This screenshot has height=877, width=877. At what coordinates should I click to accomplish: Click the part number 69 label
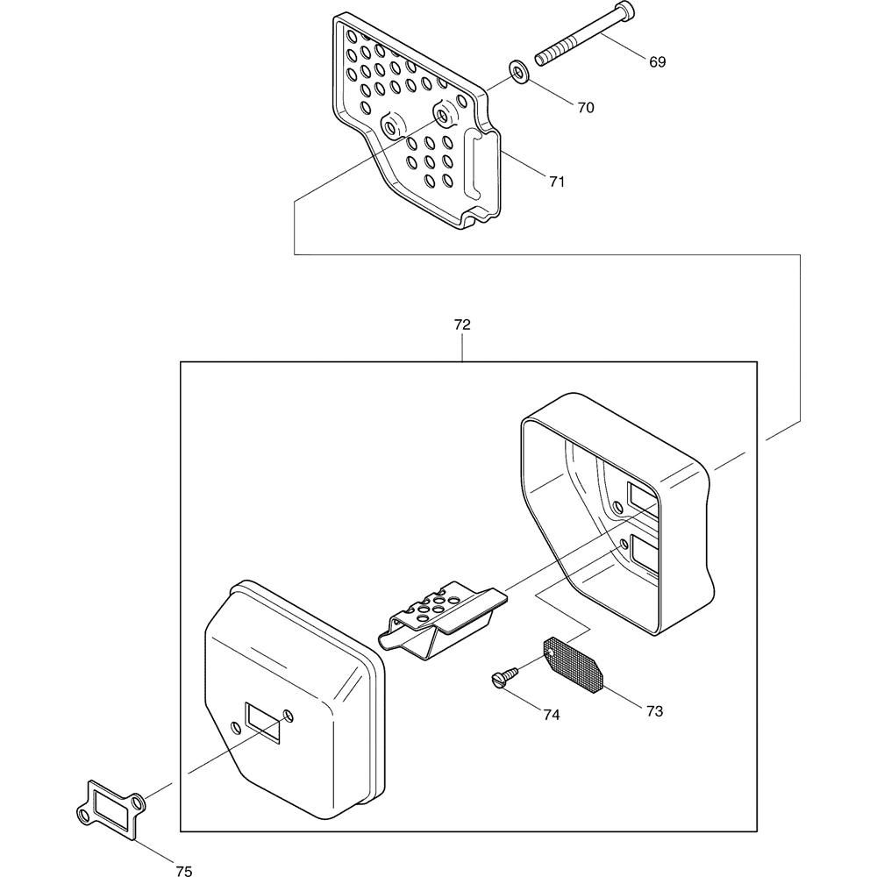click(x=657, y=61)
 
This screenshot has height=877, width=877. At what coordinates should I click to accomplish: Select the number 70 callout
click(x=586, y=107)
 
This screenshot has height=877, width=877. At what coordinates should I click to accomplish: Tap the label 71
click(x=557, y=182)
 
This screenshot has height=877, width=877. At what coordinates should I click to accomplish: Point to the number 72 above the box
click(x=462, y=324)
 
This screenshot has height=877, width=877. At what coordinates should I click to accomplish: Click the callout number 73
click(x=654, y=711)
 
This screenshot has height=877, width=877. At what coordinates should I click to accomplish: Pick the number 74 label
click(x=551, y=714)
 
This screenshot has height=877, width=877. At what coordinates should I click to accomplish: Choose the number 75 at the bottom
click(x=183, y=870)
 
